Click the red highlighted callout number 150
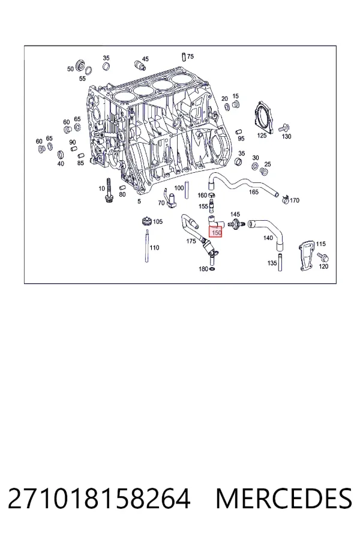[217, 233]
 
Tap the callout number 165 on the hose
[254, 192]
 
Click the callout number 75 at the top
[191, 56]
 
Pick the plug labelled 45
[138, 65]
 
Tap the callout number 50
[71, 69]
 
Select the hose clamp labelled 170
[285, 199]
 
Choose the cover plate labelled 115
[307, 257]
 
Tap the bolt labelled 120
[323, 257]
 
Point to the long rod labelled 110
[148, 245]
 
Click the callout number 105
[158, 221]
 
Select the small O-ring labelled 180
[212, 269]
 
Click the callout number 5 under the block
[139, 201]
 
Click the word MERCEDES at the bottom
[284, 499]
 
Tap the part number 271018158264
[99, 499]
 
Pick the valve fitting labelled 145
[236, 223]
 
